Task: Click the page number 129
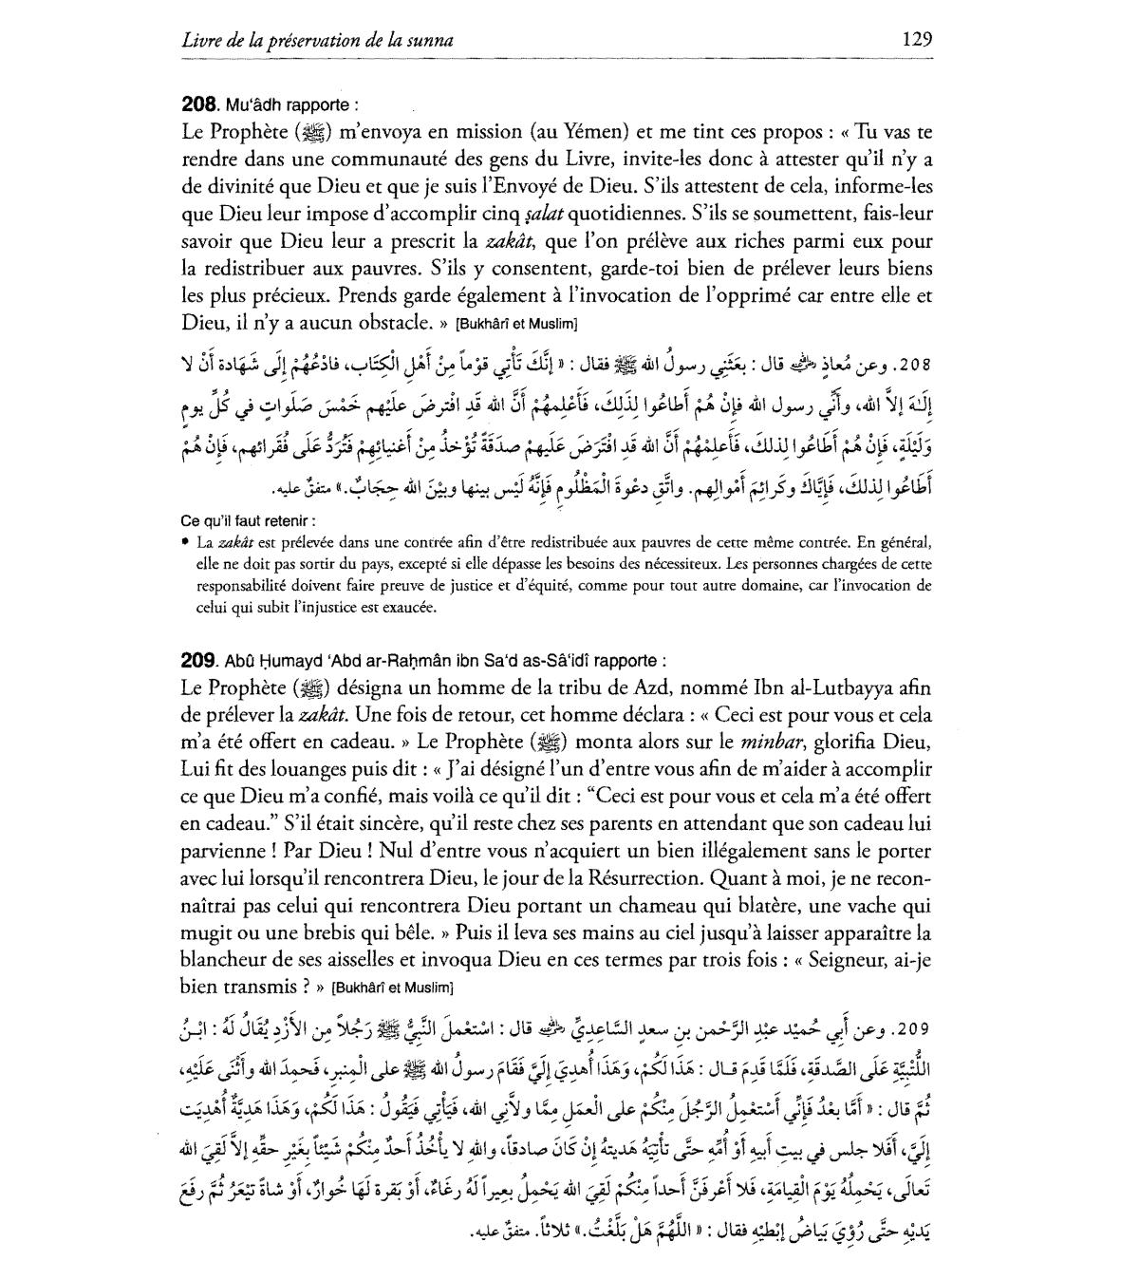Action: point(917,39)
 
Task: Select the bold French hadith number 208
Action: point(200,105)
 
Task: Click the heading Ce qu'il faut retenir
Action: point(249,521)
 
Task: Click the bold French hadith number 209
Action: point(200,660)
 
